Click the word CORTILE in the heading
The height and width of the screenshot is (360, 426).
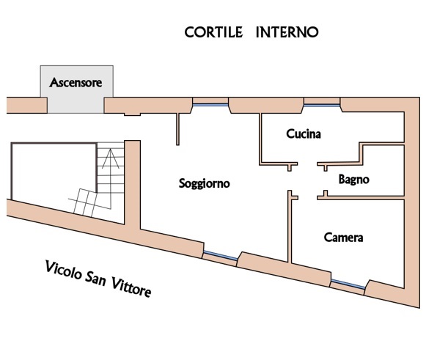coord(213,32)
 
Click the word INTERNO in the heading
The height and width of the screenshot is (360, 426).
coord(287,32)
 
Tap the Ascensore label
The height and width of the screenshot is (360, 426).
coord(76,82)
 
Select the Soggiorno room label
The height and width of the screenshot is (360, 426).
coord(205,184)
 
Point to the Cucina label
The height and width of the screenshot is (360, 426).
coord(304,133)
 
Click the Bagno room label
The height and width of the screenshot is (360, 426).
coord(353,180)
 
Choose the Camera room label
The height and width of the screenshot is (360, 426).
coord(343,238)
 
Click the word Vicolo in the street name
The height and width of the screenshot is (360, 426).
coord(63,271)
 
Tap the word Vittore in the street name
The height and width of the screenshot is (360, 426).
coord(131,287)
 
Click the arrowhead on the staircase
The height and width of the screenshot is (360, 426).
coord(110,158)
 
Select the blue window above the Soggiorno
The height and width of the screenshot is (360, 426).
coord(210,105)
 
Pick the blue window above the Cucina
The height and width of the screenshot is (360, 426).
coord(322,105)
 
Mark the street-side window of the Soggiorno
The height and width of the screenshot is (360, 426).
coord(221,256)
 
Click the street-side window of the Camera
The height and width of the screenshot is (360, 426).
coord(348,284)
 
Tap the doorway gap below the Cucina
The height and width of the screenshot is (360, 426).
coord(307,164)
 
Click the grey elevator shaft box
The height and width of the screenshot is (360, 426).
coord(76,89)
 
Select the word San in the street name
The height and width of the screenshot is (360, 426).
coord(95,279)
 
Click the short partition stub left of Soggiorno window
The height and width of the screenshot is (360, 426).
coord(177,129)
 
